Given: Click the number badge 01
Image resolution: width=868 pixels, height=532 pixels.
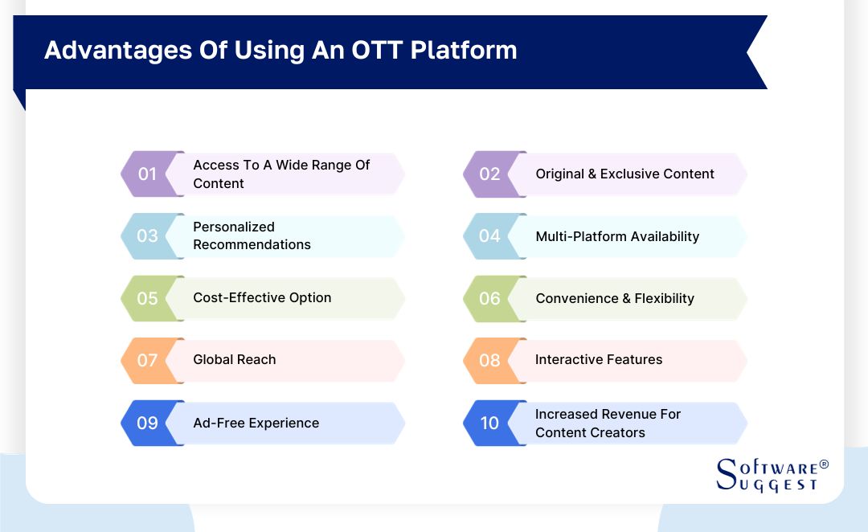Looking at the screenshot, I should coord(148,174).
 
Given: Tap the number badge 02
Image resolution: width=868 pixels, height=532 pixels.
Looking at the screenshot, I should coord(490,174).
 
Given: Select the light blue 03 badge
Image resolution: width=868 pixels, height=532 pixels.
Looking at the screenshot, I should coord(148,235).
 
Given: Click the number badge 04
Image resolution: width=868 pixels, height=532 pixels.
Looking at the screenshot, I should coord(490,235).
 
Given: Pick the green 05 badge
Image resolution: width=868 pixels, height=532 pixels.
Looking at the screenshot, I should coord(148,298).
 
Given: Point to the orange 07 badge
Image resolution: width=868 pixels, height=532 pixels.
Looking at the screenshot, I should coord(148,360).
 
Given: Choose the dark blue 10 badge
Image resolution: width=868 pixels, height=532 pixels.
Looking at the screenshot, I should coord(490,423).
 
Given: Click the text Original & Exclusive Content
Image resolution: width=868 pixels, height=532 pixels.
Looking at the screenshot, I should coord(624,174).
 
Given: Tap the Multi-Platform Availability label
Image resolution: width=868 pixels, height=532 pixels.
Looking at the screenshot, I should coord(617,236).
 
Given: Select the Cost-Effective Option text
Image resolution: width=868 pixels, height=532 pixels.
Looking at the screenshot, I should coord(262,297).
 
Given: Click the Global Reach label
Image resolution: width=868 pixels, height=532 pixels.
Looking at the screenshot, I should coord(234,359).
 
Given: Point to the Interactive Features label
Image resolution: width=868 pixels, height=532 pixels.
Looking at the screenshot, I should coord(599,359).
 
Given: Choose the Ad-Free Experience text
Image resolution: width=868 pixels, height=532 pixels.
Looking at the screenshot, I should coord(256,423).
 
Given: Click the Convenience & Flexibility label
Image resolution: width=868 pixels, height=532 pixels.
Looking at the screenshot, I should coord(615,298).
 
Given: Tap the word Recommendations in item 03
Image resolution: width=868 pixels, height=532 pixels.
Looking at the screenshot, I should coord(252,244).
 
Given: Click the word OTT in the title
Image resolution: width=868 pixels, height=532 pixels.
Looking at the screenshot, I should coord(377,50).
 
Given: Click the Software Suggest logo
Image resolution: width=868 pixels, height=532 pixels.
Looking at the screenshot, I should coord(768,475).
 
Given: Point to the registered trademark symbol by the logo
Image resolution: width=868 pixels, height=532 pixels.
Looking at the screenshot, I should coord(823,465).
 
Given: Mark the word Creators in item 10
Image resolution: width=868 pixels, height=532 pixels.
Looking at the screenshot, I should coord(618,432).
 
